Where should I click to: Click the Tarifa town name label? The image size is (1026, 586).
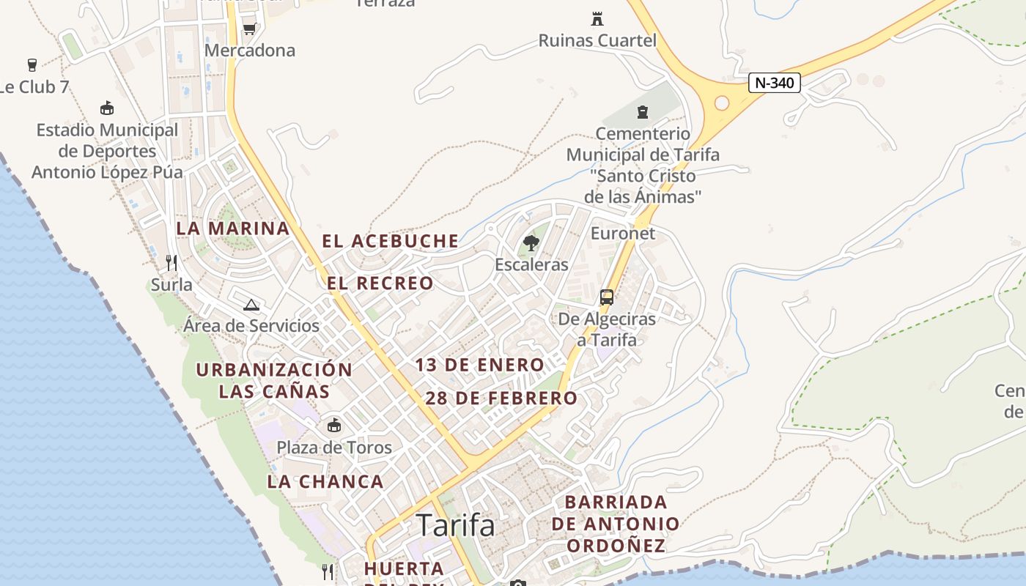click(x=455, y=525)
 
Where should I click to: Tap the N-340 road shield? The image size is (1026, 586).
click(x=774, y=83)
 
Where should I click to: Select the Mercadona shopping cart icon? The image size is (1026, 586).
click(x=249, y=29)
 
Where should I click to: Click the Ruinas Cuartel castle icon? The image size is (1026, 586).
click(x=597, y=18)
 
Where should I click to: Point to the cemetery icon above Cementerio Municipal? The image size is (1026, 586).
click(x=643, y=112)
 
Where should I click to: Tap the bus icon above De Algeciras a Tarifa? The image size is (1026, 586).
click(x=607, y=297)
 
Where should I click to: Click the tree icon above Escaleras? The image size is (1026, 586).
click(x=531, y=242)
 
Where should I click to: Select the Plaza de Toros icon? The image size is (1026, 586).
click(x=334, y=425)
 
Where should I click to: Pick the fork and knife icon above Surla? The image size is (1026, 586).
click(x=171, y=262)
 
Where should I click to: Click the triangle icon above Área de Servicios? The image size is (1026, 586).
click(x=251, y=305)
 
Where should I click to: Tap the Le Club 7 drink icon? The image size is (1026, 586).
click(x=32, y=64)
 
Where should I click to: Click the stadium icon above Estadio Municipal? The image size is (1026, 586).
click(x=107, y=108)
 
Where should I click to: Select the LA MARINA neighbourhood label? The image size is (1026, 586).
click(x=233, y=228)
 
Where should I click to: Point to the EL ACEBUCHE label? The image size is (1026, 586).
click(x=391, y=241)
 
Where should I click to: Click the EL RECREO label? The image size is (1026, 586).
click(x=380, y=283)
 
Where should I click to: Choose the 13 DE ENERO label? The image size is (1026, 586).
click(x=480, y=365)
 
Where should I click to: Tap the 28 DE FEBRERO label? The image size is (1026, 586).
click(x=501, y=398)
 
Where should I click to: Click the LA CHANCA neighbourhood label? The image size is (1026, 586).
click(x=325, y=481)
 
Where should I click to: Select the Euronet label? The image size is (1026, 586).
click(x=623, y=233)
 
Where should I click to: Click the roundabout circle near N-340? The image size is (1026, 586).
click(x=722, y=103)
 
